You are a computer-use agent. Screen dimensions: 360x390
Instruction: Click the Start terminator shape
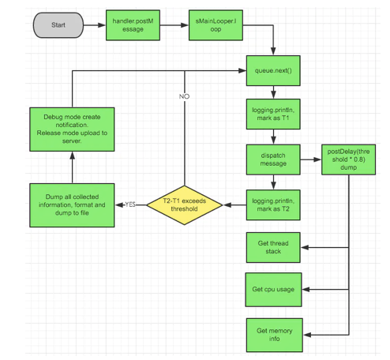(58, 25)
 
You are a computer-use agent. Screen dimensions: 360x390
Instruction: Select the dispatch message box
(273, 158)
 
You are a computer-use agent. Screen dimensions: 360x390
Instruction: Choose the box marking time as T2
(273, 204)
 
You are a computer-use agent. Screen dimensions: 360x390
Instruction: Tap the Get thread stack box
(273, 247)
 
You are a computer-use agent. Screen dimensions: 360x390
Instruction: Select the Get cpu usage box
(273, 289)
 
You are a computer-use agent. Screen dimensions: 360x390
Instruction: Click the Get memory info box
(273, 333)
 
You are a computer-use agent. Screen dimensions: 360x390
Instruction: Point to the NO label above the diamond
(184, 96)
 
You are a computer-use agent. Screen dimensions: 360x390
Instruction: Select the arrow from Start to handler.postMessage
(95, 25)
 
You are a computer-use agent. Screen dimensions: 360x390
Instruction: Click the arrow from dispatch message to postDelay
(309, 158)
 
